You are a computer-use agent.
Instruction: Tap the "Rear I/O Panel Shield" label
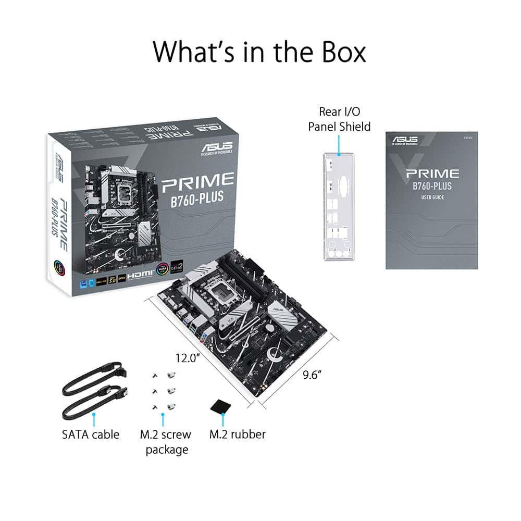[339, 119]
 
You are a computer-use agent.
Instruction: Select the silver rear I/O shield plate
[339, 208]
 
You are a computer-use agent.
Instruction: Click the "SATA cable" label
[91, 434]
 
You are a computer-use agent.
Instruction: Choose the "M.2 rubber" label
[237, 434]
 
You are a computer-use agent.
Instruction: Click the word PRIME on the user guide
[432, 173]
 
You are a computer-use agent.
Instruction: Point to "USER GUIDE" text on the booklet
[432, 197]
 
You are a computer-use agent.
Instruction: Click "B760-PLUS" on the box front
[199, 199]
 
